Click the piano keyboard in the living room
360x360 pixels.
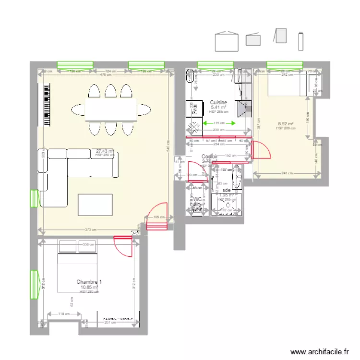47,105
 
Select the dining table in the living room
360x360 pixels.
111,109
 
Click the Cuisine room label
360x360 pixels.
218,103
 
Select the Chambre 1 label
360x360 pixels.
89,282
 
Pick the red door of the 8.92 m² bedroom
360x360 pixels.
262,150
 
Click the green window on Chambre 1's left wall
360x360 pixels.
34,284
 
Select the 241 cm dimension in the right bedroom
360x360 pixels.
286,173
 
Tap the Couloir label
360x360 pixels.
210,156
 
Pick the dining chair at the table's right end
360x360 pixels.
144,110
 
